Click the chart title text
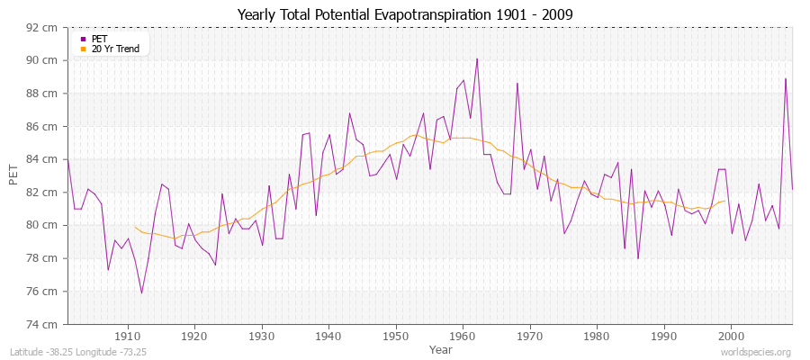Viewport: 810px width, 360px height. [x=404, y=15]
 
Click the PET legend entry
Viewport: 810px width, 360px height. [x=98, y=39]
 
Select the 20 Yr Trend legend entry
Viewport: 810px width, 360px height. [x=115, y=49]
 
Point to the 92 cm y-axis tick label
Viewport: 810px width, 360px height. [x=43, y=27]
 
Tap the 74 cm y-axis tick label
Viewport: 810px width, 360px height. [x=43, y=324]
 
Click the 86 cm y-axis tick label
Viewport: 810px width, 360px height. [x=43, y=126]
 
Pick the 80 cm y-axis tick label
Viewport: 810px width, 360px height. [x=43, y=225]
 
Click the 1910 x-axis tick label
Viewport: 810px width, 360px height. [x=127, y=336]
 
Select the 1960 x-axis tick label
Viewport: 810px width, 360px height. [x=463, y=336]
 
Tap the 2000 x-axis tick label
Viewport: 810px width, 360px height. [x=731, y=336]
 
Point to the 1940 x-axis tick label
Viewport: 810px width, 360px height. [x=328, y=336]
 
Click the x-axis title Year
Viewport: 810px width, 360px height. [x=441, y=348]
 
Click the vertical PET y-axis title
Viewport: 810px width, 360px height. [x=13, y=175]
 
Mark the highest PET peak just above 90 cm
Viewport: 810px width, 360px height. [x=476, y=58]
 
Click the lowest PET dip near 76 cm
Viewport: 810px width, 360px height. [x=141, y=292]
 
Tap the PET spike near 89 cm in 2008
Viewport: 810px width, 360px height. [x=786, y=78]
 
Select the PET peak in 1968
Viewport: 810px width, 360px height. [x=517, y=83]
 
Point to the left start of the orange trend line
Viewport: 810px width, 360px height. [x=134, y=227]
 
